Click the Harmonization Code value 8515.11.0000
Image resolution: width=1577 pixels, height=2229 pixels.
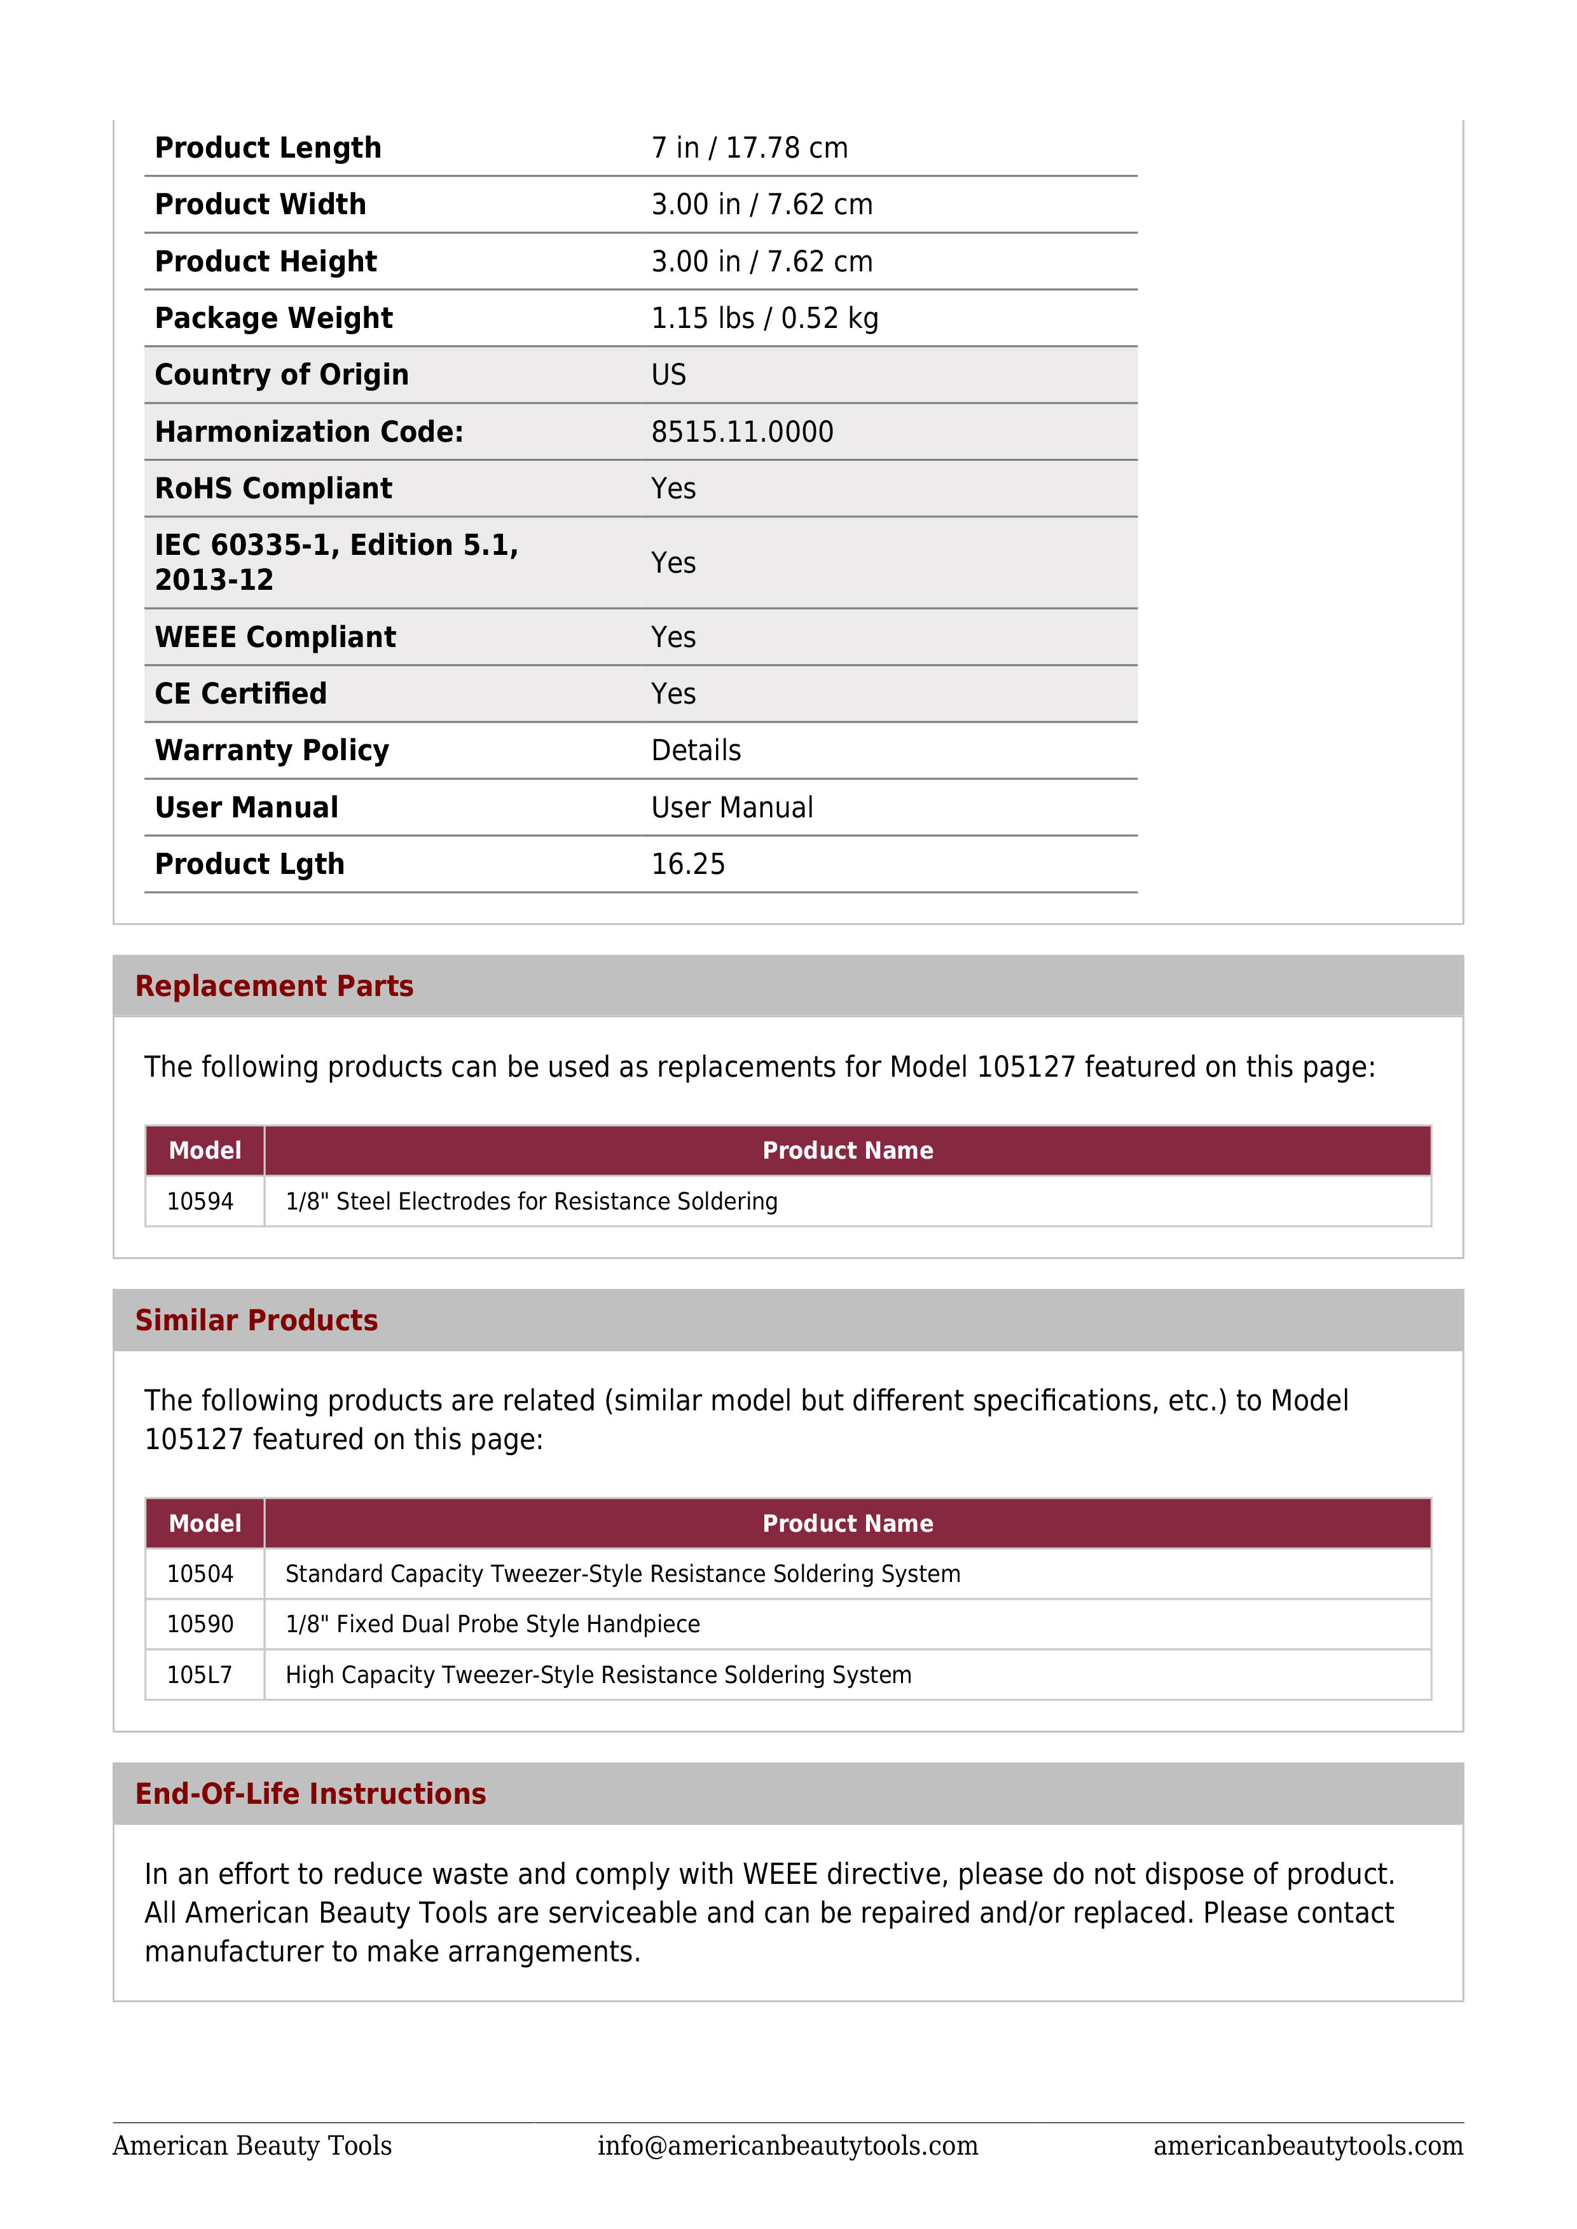pyautogui.click(x=742, y=432)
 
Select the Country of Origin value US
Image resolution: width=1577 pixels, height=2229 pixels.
pyautogui.click(x=668, y=375)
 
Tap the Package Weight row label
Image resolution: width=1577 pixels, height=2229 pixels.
pyautogui.click(x=274, y=318)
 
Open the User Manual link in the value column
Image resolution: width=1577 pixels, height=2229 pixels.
pyautogui.click(x=732, y=808)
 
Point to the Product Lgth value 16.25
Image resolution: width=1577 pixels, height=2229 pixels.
pyautogui.click(x=687, y=864)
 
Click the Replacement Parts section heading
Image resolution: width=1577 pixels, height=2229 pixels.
pyautogui.click(x=274, y=986)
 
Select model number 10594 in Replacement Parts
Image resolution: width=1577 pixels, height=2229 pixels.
pyautogui.click(x=200, y=1202)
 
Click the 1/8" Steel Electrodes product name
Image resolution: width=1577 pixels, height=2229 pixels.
pyautogui.click(x=531, y=1202)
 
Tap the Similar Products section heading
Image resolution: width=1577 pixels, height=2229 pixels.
pyautogui.click(x=256, y=1320)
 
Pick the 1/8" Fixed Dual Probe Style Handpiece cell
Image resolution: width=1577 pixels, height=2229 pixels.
pyautogui.click(x=492, y=1624)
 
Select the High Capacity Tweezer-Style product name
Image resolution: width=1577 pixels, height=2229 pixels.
pyautogui.click(x=598, y=1675)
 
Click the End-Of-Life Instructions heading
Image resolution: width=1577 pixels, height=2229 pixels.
pyautogui.click(x=311, y=1794)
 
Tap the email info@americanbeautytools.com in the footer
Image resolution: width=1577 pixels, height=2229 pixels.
pyautogui.click(x=787, y=2146)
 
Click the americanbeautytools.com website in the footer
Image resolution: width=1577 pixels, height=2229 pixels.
pyautogui.click(x=1308, y=2146)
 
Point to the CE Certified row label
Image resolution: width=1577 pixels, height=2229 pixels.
pyautogui.click(x=241, y=694)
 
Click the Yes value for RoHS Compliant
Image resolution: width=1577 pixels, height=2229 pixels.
pyautogui.click(x=673, y=488)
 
